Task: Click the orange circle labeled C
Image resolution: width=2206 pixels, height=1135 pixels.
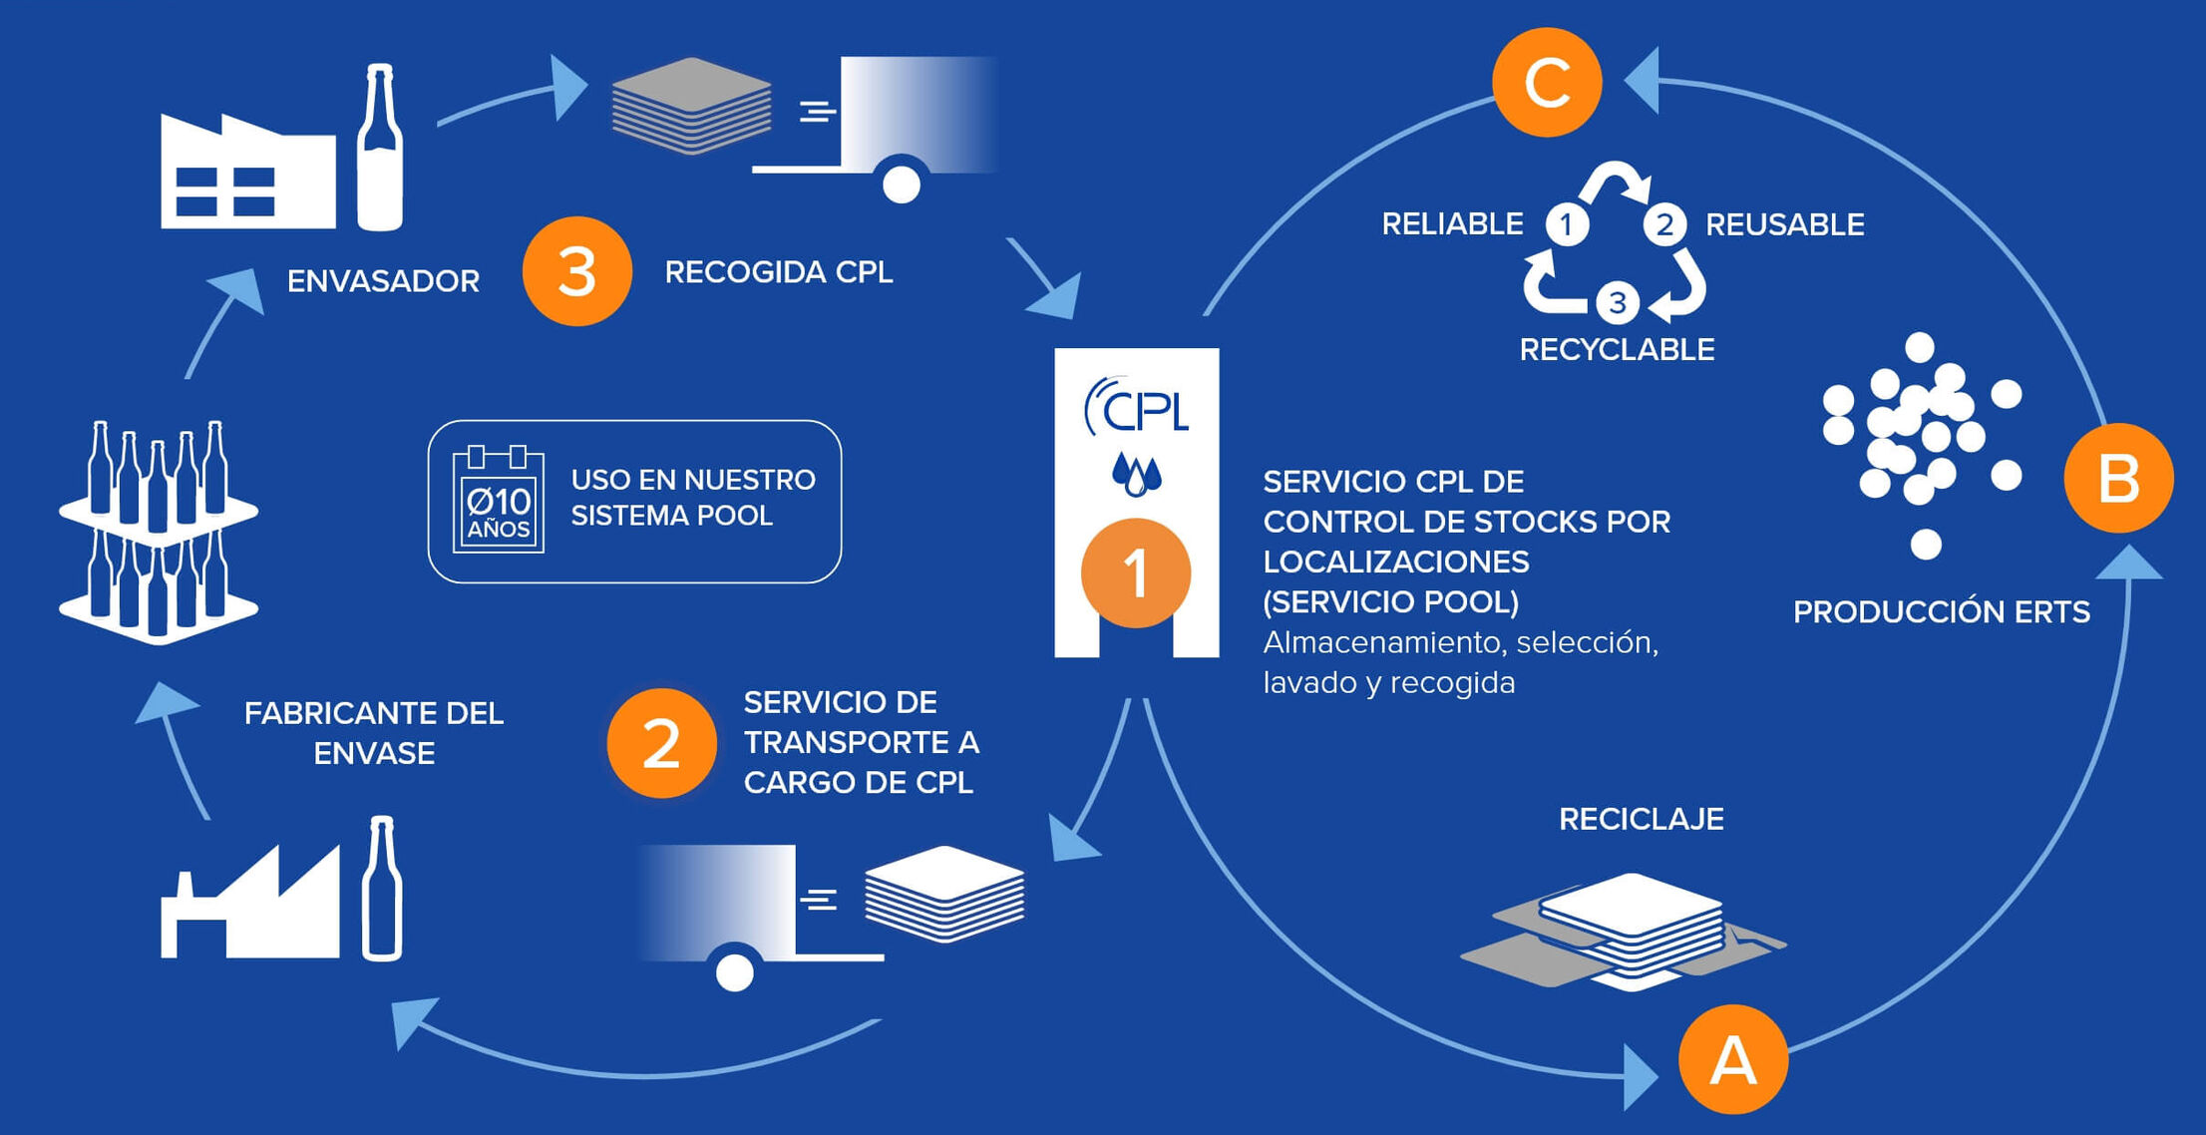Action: pyautogui.click(x=1547, y=82)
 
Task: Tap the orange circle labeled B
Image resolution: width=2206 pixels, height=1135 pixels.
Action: pyautogui.click(x=2118, y=478)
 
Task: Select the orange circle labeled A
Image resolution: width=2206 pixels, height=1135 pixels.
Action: pyautogui.click(x=1733, y=1059)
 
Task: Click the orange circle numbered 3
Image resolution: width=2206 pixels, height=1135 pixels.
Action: pyautogui.click(x=577, y=271)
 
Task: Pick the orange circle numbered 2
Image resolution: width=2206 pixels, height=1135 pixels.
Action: pyautogui.click(x=661, y=743)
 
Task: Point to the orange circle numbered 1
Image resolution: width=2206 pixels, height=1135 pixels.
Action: pyautogui.click(x=1136, y=573)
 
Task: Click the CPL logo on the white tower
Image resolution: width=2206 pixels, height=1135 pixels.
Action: pyautogui.click(x=1137, y=407)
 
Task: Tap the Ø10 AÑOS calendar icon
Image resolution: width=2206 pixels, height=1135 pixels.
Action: pyautogui.click(x=498, y=500)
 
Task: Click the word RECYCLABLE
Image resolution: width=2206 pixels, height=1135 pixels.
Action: pyautogui.click(x=1617, y=349)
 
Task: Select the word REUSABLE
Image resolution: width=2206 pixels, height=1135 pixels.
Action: pyautogui.click(x=1784, y=224)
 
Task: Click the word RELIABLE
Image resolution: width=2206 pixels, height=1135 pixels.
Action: pyautogui.click(x=1452, y=224)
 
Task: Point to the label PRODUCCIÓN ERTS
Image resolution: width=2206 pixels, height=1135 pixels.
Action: pyautogui.click(x=1941, y=611)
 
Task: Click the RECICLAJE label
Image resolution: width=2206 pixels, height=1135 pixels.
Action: pyautogui.click(x=1641, y=819)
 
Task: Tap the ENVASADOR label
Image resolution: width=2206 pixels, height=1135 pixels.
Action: pyautogui.click(x=383, y=281)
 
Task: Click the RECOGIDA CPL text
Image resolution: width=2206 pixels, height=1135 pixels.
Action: pyautogui.click(x=778, y=271)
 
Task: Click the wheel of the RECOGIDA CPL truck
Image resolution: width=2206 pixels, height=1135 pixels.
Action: pyautogui.click(x=902, y=184)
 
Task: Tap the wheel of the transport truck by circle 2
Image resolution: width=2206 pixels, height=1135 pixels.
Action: pyautogui.click(x=735, y=972)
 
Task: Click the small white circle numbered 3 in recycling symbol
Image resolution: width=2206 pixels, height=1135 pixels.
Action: pyautogui.click(x=1618, y=303)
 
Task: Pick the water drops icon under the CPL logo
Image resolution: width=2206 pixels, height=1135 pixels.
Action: pyautogui.click(x=1136, y=474)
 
